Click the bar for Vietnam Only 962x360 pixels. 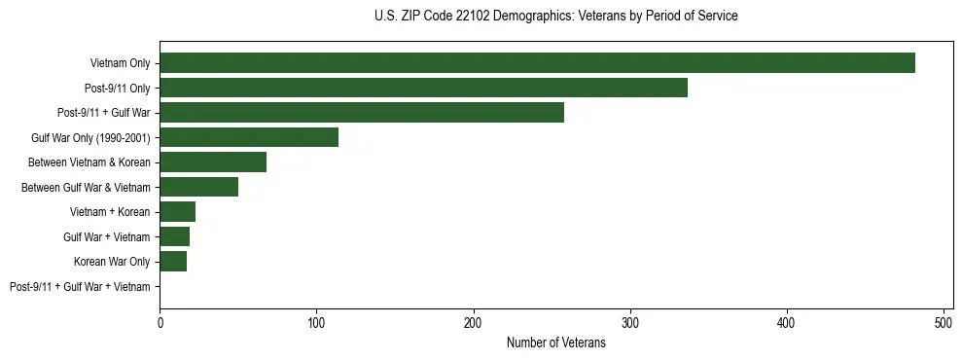tap(537, 63)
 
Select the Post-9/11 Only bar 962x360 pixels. tap(423, 88)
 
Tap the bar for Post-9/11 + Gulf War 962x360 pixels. tap(362, 113)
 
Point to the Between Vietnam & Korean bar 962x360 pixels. tap(213, 162)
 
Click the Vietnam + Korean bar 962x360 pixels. tap(177, 212)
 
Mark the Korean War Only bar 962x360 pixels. tap(173, 262)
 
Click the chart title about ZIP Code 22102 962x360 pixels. tap(555, 17)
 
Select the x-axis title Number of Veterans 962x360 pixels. tap(555, 342)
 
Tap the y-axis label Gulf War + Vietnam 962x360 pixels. tap(107, 236)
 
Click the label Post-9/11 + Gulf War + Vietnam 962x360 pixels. tap(80, 286)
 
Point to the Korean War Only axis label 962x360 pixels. tap(112, 262)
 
